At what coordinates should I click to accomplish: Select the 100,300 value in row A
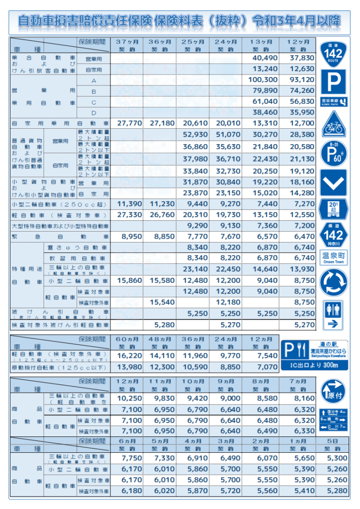[264, 80]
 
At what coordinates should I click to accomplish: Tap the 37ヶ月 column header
[127, 41]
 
